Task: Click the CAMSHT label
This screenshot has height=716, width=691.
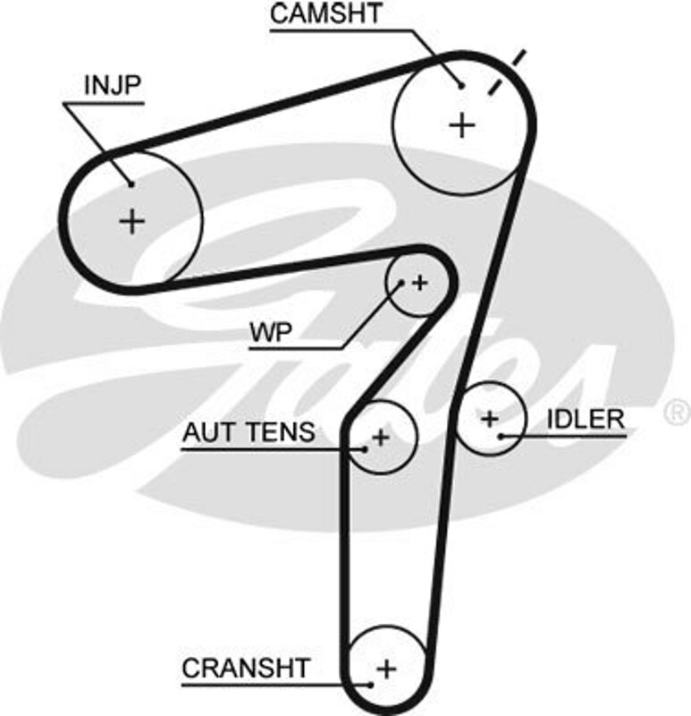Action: click(325, 14)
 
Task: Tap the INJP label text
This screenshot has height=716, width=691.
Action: click(113, 86)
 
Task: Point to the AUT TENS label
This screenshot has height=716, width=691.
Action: click(249, 433)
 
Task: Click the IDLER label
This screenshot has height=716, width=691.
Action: click(586, 419)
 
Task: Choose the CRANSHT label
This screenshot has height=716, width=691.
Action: click(246, 668)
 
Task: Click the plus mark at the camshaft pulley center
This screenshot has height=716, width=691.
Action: click(462, 124)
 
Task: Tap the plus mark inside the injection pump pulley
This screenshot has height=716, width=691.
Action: click(131, 219)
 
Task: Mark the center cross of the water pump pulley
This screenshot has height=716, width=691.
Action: click(420, 283)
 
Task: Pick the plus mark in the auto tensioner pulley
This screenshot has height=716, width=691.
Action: click(382, 438)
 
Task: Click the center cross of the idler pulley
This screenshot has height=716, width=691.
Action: click(489, 418)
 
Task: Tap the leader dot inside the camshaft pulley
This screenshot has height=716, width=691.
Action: click(461, 86)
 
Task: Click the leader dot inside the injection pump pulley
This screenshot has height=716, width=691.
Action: click(131, 184)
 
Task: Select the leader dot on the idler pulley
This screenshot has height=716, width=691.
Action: click(501, 436)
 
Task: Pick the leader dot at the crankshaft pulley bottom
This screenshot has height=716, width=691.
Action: click(370, 685)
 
